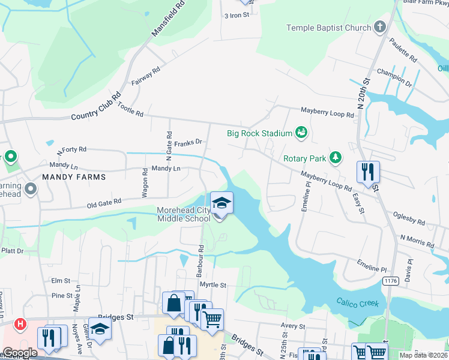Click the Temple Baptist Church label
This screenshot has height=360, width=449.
(x=328, y=28)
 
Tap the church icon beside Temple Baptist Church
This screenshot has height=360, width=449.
(x=379, y=27)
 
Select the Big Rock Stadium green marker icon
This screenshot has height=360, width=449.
(x=301, y=133)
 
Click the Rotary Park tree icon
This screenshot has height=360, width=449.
(x=336, y=158)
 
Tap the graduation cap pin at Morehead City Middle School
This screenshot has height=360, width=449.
(x=221, y=203)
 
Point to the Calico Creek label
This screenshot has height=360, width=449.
(x=358, y=303)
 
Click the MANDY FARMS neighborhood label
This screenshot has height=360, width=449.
(x=74, y=177)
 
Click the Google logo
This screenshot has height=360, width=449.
(x=20, y=353)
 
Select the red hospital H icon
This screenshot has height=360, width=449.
(x=20, y=325)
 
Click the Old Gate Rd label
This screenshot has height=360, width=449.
(x=104, y=203)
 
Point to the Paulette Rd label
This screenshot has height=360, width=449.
(x=403, y=51)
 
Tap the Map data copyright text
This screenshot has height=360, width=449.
(x=423, y=355)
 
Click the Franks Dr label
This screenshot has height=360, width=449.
(x=188, y=143)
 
